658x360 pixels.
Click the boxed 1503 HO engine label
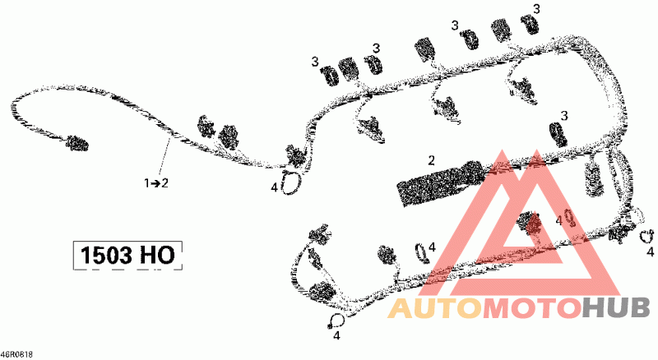coord(127,255)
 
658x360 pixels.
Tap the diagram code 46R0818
coord(16,354)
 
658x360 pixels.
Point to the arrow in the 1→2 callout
coord(155,183)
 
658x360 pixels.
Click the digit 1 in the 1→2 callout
coord(146,183)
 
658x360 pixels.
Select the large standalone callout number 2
coord(431,160)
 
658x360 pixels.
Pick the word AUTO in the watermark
coord(434,308)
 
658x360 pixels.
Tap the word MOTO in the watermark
coord(532,308)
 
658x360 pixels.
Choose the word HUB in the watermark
coord(616,308)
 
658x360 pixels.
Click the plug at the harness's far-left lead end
coord(76,143)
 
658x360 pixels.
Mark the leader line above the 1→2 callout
coord(164,158)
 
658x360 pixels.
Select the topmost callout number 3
coord(536,8)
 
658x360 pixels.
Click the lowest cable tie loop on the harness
coord(337,322)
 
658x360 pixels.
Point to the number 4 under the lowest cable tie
coord(336,335)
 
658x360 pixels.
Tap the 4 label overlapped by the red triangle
coord(558,221)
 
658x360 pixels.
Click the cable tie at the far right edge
coord(646,236)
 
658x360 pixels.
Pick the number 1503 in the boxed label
coord(107,255)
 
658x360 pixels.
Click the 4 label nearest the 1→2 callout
coord(274,187)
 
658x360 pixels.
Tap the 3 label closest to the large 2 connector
coord(564,115)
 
